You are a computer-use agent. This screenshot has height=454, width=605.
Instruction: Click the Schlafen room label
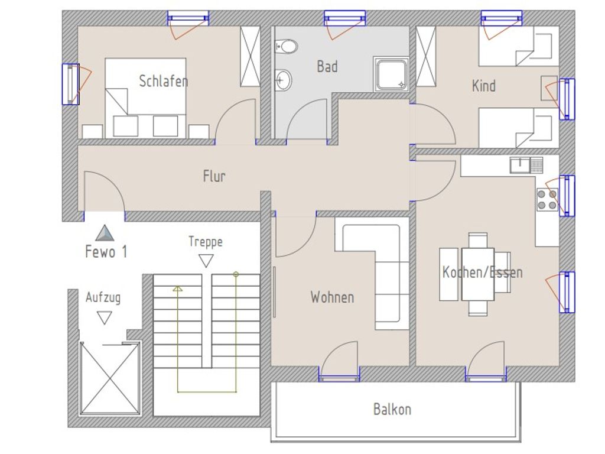[163, 81]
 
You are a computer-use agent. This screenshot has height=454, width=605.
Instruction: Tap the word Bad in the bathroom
[327, 66]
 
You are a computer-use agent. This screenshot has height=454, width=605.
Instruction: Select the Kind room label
[483, 86]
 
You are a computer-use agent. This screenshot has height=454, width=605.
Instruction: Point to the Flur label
[214, 176]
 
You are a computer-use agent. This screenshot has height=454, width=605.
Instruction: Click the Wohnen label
[332, 297]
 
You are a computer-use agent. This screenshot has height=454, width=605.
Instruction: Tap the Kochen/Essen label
[482, 272]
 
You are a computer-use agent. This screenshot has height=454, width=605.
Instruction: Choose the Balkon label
[392, 409]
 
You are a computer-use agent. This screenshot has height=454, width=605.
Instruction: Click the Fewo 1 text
[106, 252]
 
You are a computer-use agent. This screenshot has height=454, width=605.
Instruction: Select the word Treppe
[206, 242]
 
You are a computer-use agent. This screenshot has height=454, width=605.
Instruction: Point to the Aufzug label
[103, 297]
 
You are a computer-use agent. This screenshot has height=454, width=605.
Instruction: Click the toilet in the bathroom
[286, 47]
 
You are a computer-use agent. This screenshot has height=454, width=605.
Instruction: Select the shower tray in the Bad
[391, 74]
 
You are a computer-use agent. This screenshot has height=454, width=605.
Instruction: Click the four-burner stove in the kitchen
[547, 200]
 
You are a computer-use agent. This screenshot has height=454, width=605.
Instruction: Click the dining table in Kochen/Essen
[477, 274]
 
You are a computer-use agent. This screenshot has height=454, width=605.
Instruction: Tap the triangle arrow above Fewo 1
[105, 233]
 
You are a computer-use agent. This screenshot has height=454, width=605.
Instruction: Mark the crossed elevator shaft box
[109, 378]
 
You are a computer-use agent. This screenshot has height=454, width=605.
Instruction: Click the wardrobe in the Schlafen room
[250, 56]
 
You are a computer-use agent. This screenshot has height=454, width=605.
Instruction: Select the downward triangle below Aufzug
[104, 317]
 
